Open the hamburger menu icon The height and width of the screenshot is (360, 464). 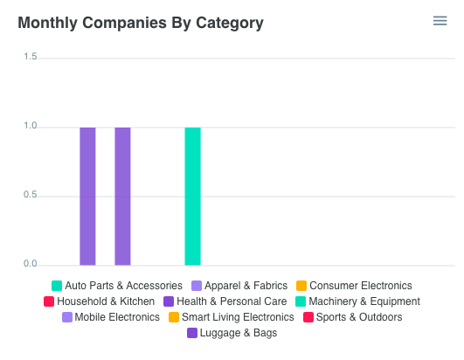tap(440, 21)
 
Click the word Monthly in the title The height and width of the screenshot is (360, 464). tap(49, 23)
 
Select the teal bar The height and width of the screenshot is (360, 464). tap(192, 196)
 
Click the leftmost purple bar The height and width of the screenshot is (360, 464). tap(87, 196)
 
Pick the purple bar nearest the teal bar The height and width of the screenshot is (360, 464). tap(122, 196)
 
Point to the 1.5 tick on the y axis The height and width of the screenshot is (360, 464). tap(30, 57)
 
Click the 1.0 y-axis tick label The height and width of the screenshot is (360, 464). tap(30, 126)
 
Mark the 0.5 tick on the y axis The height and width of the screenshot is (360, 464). tap(30, 195)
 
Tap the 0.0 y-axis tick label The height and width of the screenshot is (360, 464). tap(30, 263)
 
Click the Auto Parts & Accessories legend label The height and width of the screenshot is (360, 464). tap(123, 286)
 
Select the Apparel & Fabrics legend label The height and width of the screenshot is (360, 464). tap(246, 286)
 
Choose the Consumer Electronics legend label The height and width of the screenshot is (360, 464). tap(360, 286)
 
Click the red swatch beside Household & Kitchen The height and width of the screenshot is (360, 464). tap(49, 301)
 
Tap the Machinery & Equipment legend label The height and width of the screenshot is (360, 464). tap(364, 301)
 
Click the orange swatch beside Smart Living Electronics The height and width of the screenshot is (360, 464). tap(174, 317)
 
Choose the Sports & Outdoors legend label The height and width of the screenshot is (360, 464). tap(358, 317)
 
